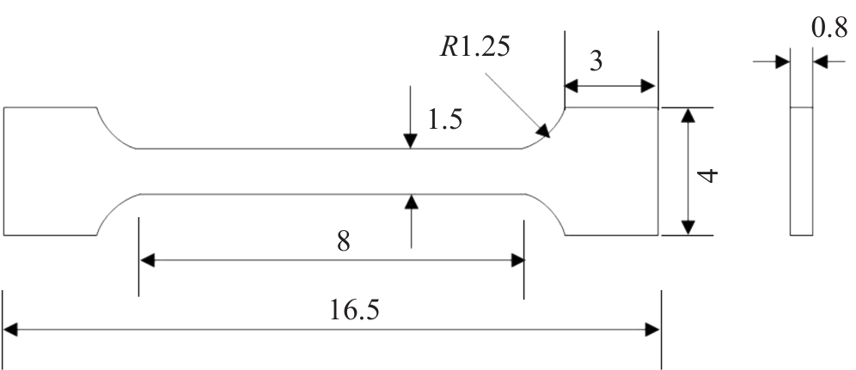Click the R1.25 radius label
[x=475, y=47]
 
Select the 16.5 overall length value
[x=354, y=310]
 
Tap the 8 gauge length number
[x=344, y=241]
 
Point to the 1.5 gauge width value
[x=445, y=119]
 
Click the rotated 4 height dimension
[x=708, y=175]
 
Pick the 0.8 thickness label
[x=829, y=28]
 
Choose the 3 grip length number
[x=596, y=62]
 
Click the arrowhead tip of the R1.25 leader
[x=550, y=137]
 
